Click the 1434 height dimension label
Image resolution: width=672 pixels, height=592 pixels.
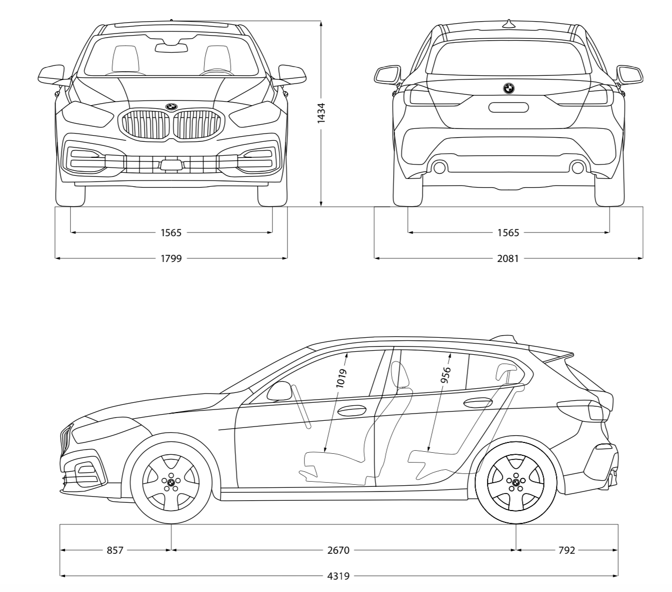pyautogui.click(x=321, y=113)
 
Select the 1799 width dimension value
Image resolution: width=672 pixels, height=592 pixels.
pyautogui.click(x=171, y=258)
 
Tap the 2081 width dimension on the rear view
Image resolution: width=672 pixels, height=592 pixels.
pyautogui.click(x=508, y=258)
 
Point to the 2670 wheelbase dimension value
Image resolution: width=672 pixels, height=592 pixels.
pyautogui.click(x=339, y=550)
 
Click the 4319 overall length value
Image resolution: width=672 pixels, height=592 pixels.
pyautogui.click(x=339, y=576)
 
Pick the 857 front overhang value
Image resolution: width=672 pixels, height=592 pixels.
pyautogui.click(x=115, y=550)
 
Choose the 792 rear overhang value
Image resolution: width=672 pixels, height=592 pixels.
pyautogui.click(x=566, y=550)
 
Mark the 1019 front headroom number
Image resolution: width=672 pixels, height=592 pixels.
pyautogui.click(x=341, y=378)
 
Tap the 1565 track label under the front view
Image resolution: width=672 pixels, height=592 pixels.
pyautogui.click(x=171, y=233)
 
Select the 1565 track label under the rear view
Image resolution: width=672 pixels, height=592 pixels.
pyautogui.click(x=508, y=233)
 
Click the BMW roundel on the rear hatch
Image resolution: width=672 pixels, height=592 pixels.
pyautogui.click(x=509, y=89)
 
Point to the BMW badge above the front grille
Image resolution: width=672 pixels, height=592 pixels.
pyautogui.click(x=171, y=107)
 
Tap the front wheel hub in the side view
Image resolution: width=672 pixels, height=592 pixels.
pyautogui.click(x=171, y=483)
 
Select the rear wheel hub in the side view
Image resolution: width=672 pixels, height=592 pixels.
pyautogui.click(x=515, y=483)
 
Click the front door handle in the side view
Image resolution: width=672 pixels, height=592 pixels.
pyautogui.click(x=351, y=411)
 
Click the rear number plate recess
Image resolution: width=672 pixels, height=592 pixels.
pyautogui.click(x=509, y=108)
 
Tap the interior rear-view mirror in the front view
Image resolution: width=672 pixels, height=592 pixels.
pyautogui.click(x=172, y=48)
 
